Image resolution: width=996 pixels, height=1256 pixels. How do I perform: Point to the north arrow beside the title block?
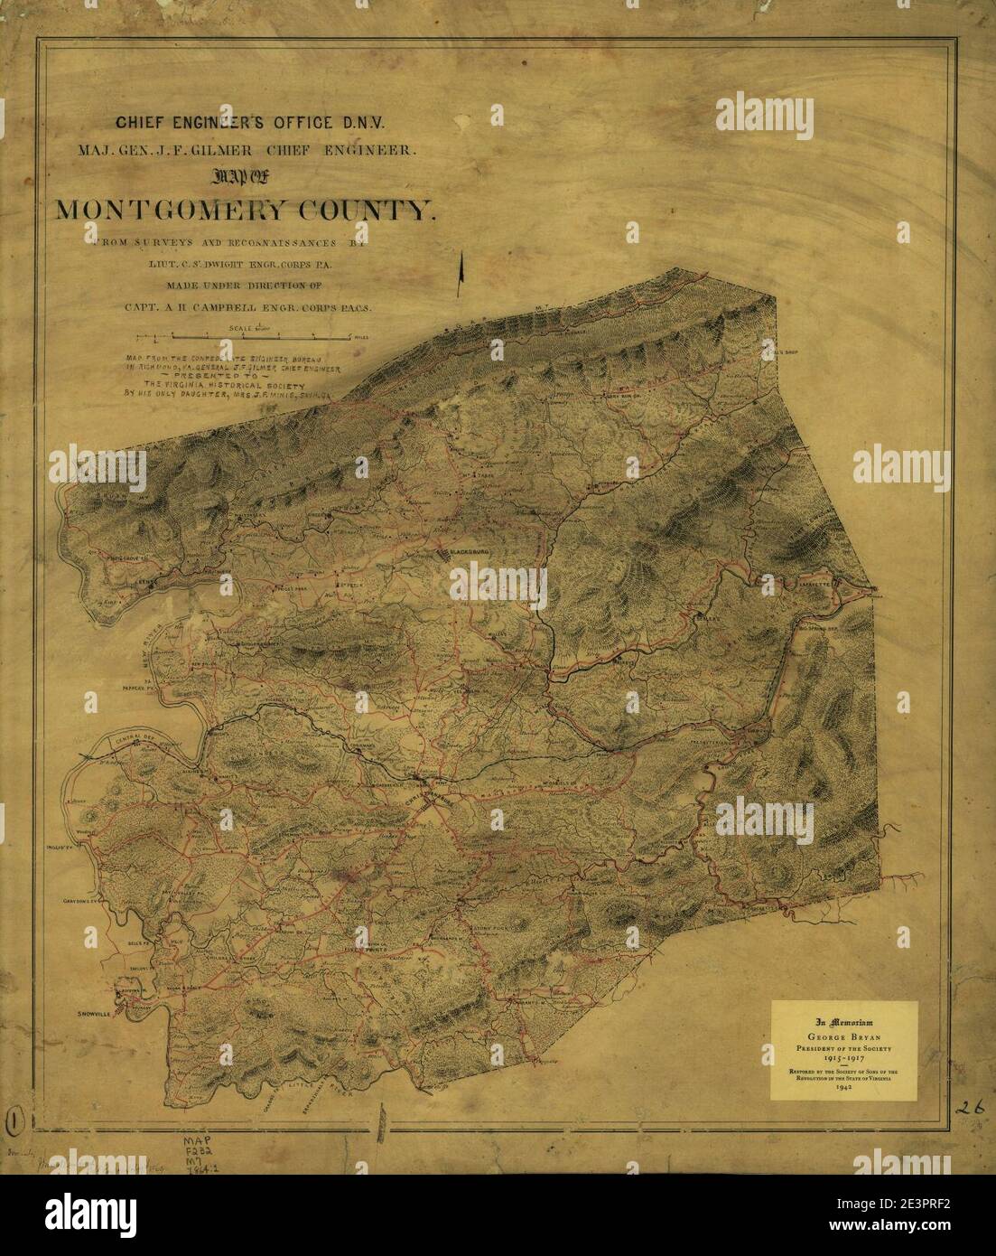tap(461, 268)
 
